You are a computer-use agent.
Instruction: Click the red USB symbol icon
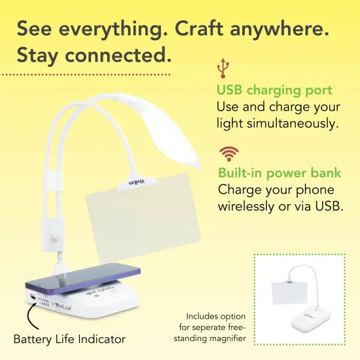[x=224, y=67]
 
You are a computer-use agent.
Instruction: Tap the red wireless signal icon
[x=228, y=154]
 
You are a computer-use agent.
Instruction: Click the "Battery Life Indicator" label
[x=69, y=339]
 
